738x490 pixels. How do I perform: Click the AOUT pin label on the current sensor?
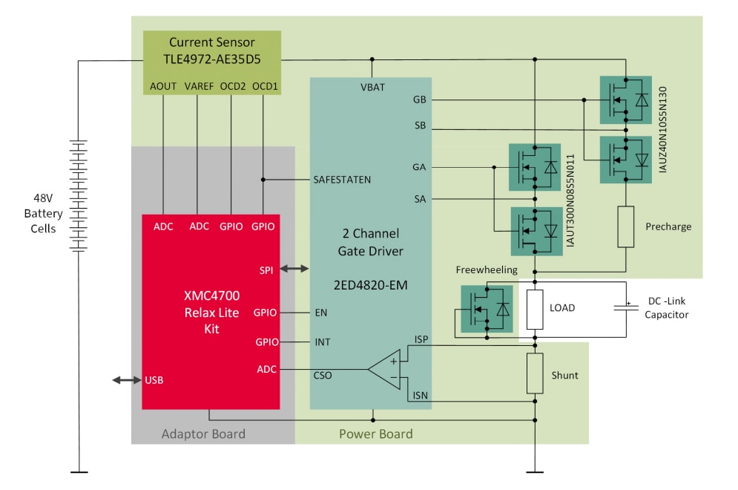click(163, 86)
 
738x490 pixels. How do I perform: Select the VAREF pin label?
click(197, 86)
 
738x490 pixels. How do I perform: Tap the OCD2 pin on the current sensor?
click(232, 86)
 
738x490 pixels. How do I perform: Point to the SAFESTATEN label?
click(342, 180)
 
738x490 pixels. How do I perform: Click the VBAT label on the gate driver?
click(372, 87)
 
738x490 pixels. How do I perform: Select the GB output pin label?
click(419, 99)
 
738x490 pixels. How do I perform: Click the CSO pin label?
click(323, 375)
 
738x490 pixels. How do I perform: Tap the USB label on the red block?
click(154, 380)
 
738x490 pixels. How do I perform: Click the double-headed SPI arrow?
click(294, 269)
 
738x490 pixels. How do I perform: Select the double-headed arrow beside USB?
click(126, 380)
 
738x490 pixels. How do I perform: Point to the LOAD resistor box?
click(535, 308)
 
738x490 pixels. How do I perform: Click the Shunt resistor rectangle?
click(535, 373)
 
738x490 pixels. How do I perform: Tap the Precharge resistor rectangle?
click(626, 227)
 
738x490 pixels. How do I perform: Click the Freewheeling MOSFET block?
click(487, 308)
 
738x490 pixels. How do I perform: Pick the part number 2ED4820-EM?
click(371, 284)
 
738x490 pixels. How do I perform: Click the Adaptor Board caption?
click(203, 434)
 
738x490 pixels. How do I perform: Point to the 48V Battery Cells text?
click(43, 214)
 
